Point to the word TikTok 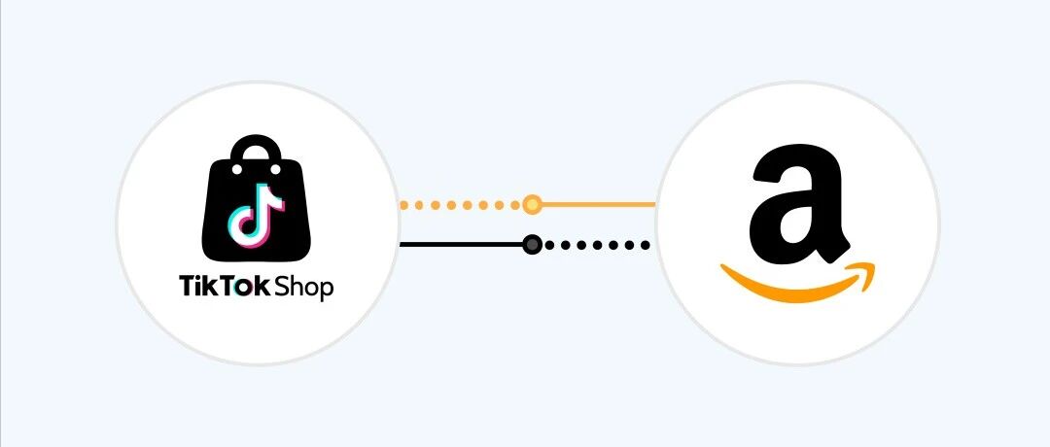225,287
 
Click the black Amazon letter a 799,203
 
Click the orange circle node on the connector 532,204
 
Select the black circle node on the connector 532,245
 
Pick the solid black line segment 462,244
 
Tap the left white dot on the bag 237,170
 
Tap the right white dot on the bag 275,170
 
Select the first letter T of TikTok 187,287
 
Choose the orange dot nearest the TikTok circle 403,205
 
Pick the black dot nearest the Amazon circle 646,245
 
